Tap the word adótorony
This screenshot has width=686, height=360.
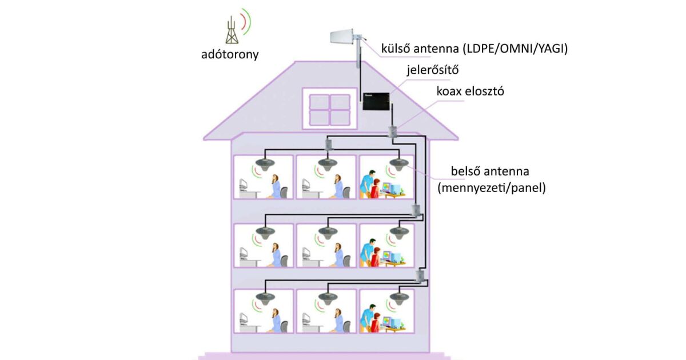click(230, 55)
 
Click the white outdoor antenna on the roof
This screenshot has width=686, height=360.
click(346, 37)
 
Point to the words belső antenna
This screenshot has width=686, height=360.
click(489, 171)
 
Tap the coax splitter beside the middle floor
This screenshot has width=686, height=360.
click(418, 210)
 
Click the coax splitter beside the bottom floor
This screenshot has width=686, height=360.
click(420, 277)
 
